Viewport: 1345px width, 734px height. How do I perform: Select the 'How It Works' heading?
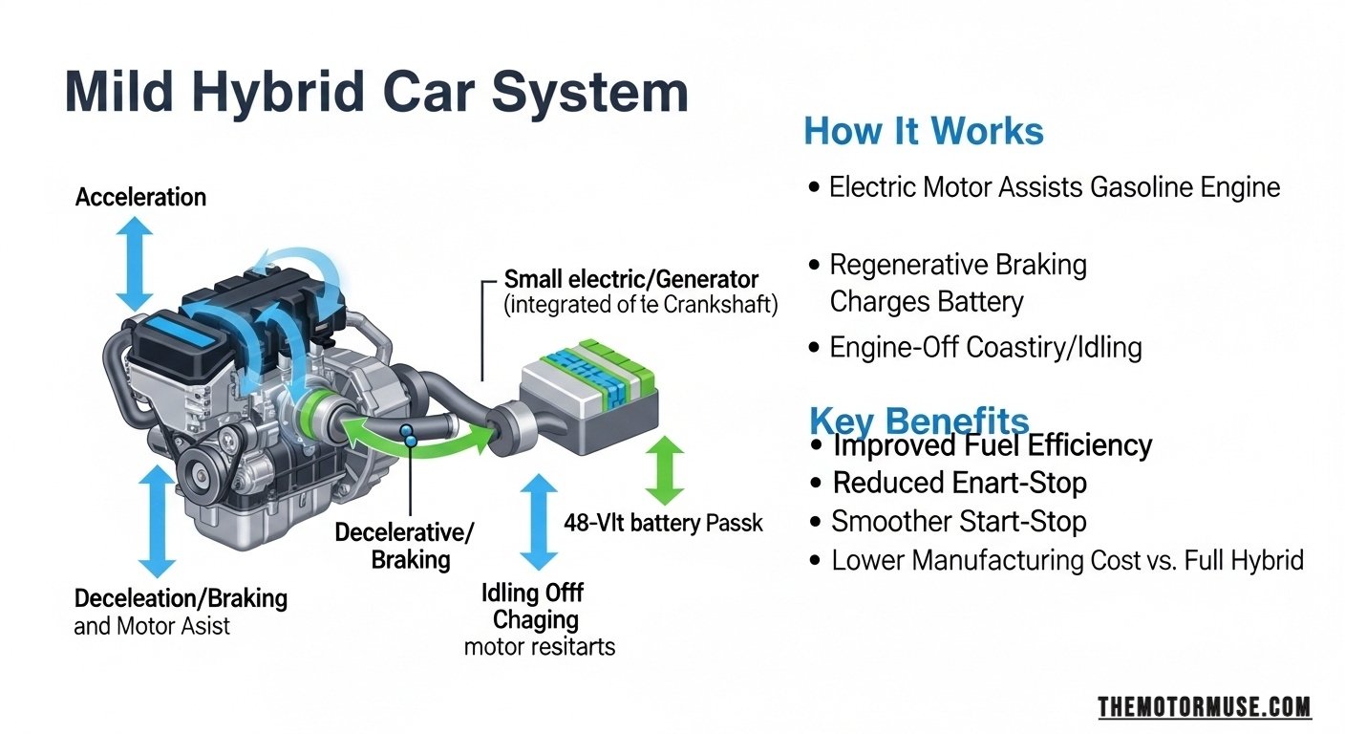pyautogui.click(x=924, y=131)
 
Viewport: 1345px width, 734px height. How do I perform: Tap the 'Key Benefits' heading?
pyautogui.click(x=919, y=421)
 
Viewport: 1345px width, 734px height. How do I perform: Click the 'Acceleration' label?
pyautogui.click(x=140, y=198)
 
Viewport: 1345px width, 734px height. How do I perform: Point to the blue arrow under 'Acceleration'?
pyautogui.click(x=135, y=261)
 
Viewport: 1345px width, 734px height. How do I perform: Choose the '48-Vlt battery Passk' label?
pyautogui.click(x=664, y=524)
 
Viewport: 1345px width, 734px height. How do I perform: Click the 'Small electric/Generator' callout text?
pyautogui.click(x=631, y=280)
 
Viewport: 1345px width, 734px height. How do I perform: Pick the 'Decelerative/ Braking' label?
pyautogui.click(x=404, y=546)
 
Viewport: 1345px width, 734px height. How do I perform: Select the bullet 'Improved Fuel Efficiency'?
pyautogui.click(x=992, y=445)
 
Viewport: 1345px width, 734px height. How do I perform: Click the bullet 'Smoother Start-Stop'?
pyautogui.click(x=958, y=522)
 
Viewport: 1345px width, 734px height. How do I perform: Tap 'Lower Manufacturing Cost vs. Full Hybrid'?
pyautogui.click(x=1066, y=560)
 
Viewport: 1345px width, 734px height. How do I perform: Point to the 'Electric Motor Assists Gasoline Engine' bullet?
pyautogui.click(x=1054, y=187)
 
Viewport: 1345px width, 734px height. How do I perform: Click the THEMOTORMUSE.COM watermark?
pyautogui.click(x=1204, y=707)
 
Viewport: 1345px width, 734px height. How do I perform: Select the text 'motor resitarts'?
pyautogui.click(x=539, y=647)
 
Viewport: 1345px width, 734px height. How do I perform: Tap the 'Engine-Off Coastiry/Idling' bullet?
pyautogui.click(x=985, y=347)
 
